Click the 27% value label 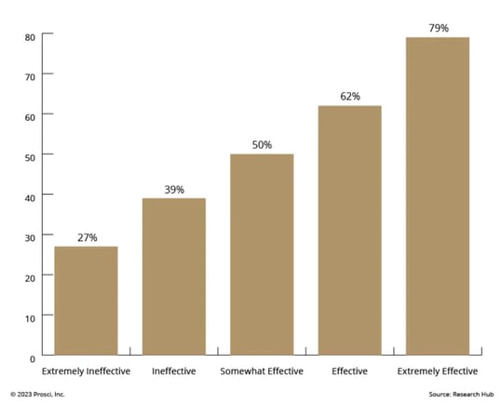click(x=86, y=237)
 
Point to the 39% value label click(x=173, y=190)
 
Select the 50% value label click(x=262, y=145)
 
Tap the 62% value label click(x=349, y=97)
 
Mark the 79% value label click(x=438, y=29)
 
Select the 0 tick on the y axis click(x=32, y=358)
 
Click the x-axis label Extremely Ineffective click(x=86, y=372)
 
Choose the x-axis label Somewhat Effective click(x=262, y=372)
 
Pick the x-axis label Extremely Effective click(x=438, y=372)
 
